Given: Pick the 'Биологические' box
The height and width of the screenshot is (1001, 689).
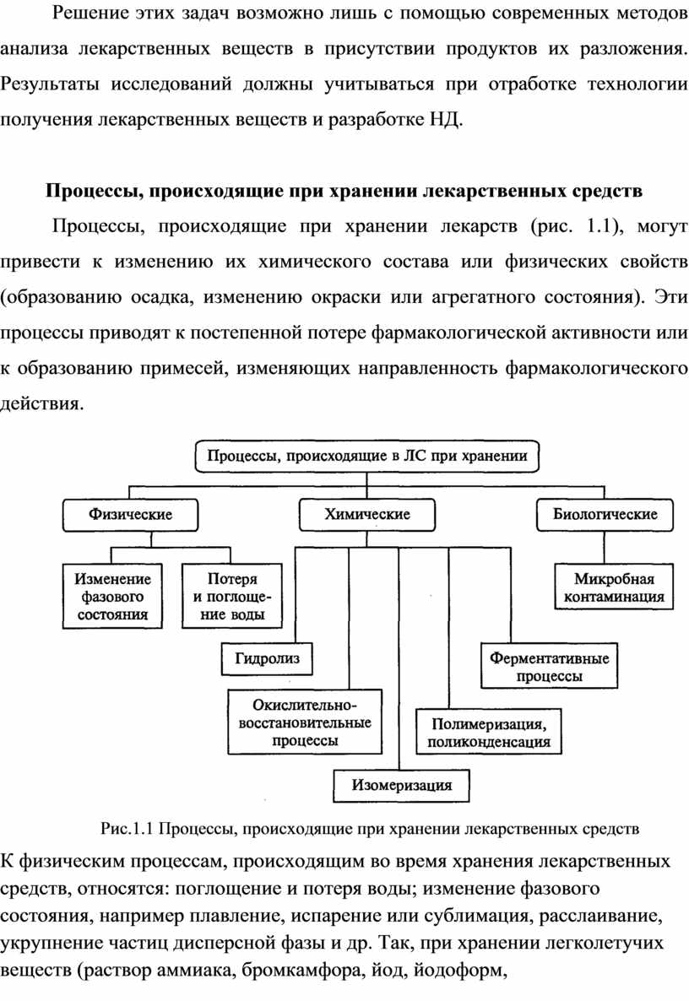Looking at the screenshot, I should point(605,514).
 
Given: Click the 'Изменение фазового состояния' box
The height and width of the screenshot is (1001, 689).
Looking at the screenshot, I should point(113,598).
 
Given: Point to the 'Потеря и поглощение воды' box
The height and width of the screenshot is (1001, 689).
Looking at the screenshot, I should point(231,598).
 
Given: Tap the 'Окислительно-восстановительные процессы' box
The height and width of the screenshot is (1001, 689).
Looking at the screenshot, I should point(305,722).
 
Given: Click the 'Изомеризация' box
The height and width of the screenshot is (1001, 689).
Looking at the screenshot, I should point(401,785).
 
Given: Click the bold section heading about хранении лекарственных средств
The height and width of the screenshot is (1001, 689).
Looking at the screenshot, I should point(344,190).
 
